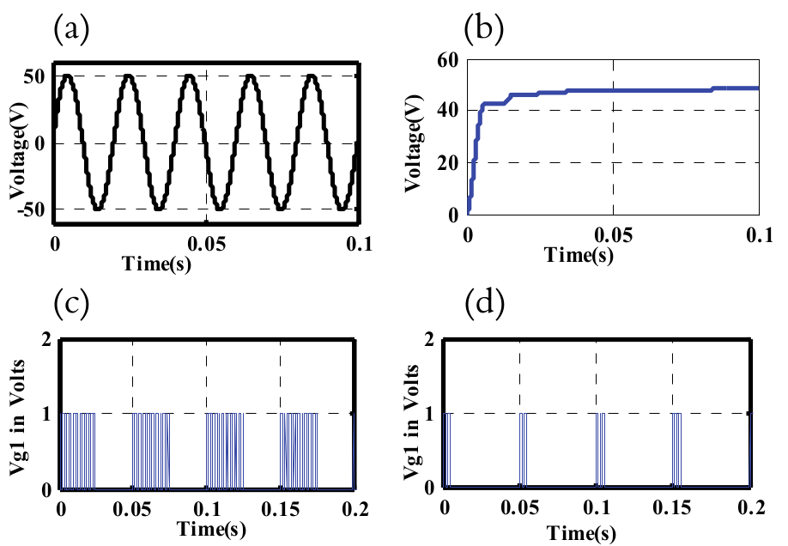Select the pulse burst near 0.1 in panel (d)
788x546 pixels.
(601, 451)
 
